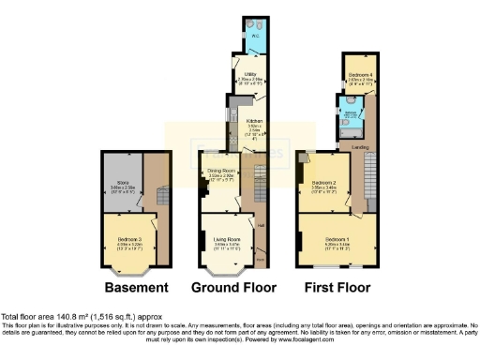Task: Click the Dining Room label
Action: (x=221, y=170)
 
